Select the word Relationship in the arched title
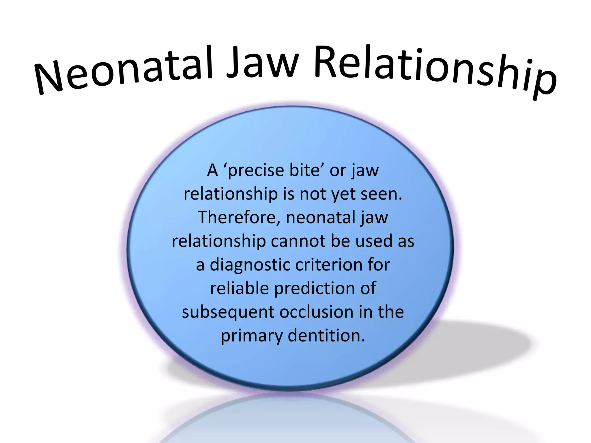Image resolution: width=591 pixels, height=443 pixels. pos(433,71)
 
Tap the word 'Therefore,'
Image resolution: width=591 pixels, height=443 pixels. pos(239,217)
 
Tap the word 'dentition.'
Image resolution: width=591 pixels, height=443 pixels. pos(326,336)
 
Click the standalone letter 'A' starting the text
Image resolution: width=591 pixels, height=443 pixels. pos(212,170)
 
